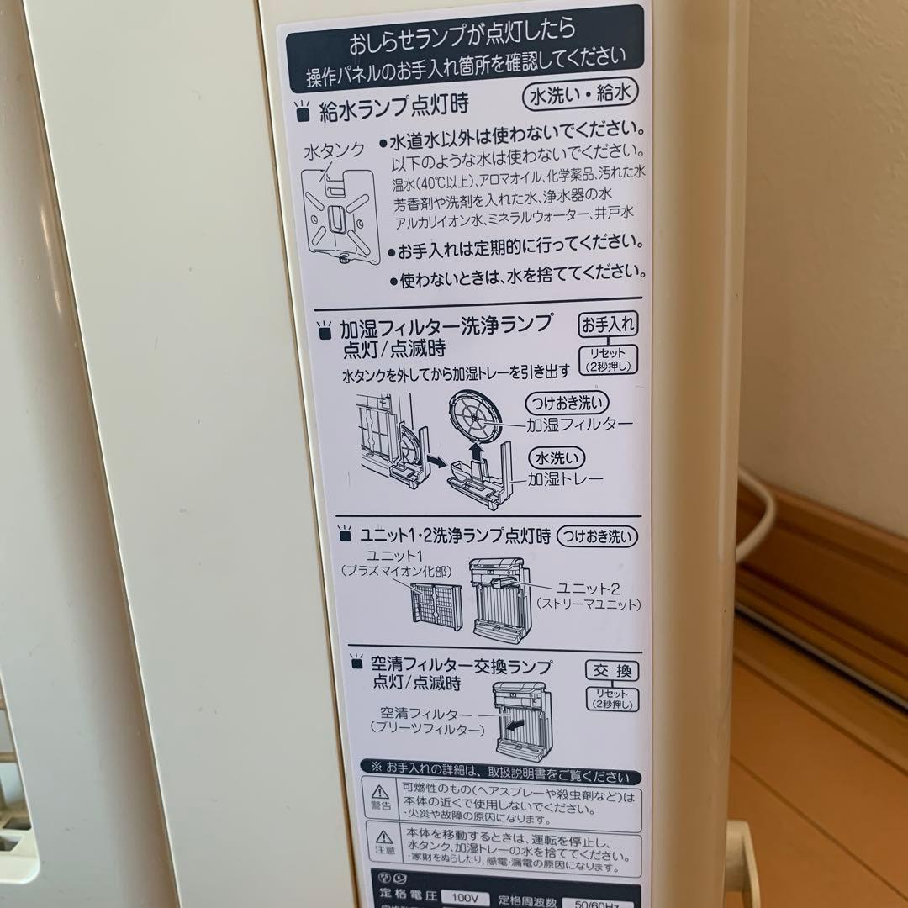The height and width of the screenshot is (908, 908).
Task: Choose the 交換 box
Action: pyautogui.click(x=612, y=671)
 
